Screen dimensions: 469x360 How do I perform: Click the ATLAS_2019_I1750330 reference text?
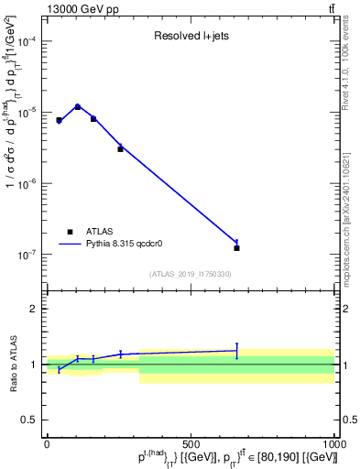(x=190, y=274)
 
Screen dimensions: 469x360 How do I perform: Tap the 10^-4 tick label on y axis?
(x=28, y=41)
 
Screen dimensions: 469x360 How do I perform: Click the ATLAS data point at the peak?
(x=78, y=107)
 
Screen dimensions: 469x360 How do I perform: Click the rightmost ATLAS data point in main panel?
(x=236, y=248)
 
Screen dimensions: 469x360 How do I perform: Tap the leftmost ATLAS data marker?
(x=59, y=120)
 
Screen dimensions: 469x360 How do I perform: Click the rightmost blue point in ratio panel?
(x=236, y=351)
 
